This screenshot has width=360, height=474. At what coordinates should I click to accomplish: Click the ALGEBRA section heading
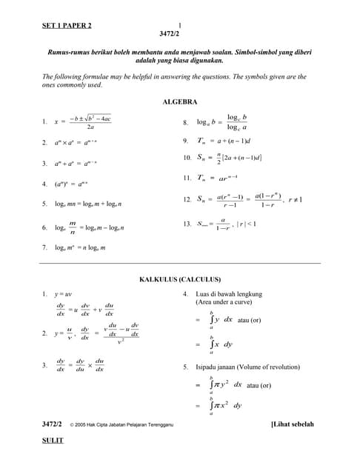tap(179, 101)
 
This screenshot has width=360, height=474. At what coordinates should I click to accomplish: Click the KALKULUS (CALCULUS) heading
tap(180, 279)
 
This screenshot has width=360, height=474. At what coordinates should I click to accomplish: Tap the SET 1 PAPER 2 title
tap(67, 26)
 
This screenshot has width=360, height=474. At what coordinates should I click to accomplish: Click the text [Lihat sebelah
tap(293, 424)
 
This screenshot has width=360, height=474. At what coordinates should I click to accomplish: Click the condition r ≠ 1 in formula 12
tap(295, 199)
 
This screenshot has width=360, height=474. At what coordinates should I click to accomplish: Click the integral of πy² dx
tap(225, 384)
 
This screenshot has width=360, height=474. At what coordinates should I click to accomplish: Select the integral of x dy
tap(221, 344)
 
